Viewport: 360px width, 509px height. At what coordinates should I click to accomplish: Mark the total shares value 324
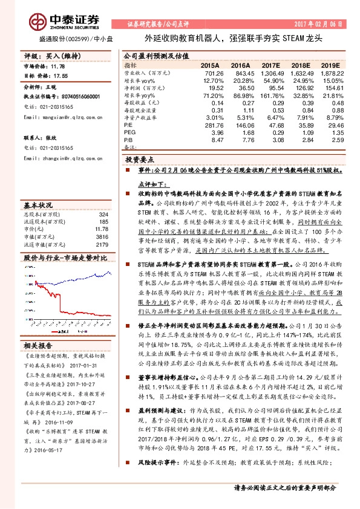(x=103, y=215)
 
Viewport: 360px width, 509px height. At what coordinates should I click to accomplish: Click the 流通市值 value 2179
(x=101, y=245)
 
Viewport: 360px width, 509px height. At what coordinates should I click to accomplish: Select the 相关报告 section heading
(x=39, y=345)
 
